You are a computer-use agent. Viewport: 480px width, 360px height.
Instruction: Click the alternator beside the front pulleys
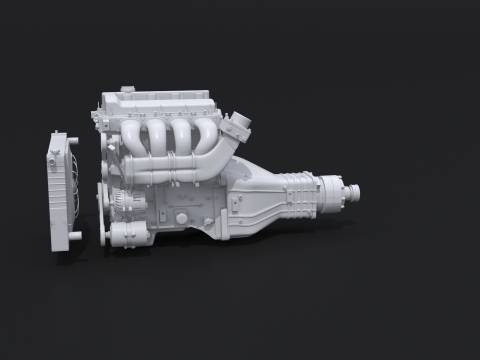[x=117, y=200]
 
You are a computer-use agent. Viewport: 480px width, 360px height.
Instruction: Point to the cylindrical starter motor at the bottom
[x=131, y=235]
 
